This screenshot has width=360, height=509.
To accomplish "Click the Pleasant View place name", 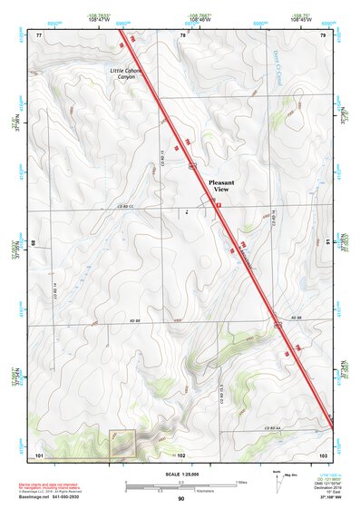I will click(221, 186).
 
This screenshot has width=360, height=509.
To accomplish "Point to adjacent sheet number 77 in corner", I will click(39, 34).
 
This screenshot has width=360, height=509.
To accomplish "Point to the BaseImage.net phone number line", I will click(56, 497).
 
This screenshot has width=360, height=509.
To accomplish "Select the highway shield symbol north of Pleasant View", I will click(191, 166).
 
